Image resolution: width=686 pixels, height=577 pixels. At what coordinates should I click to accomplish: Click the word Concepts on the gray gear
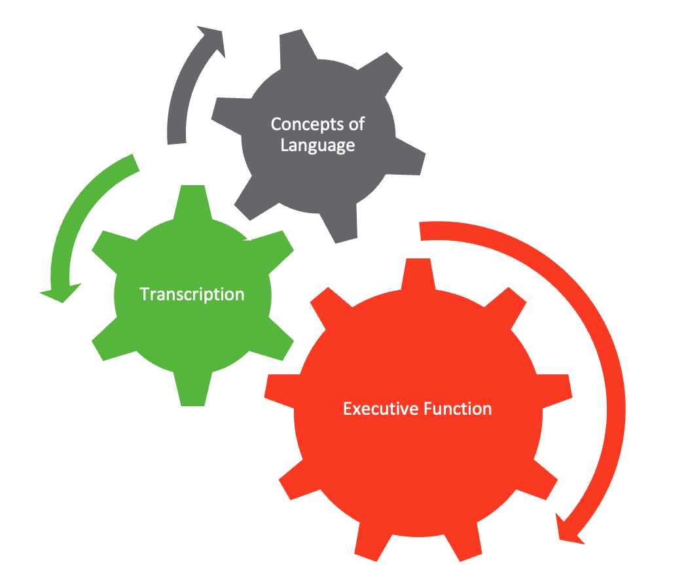[x=307, y=124]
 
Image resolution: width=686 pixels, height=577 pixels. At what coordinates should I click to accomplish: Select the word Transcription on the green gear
[x=192, y=294]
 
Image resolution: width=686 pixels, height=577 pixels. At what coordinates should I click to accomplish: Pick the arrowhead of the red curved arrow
[x=569, y=531]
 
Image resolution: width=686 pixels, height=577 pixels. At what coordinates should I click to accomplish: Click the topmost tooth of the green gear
[x=193, y=201]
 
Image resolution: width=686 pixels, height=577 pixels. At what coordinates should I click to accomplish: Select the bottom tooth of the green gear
[x=193, y=389]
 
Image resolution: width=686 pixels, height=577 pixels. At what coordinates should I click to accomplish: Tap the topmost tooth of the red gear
[x=418, y=273]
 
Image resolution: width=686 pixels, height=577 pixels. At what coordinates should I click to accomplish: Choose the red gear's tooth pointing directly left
[x=281, y=390]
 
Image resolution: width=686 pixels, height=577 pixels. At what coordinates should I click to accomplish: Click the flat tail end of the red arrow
[x=420, y=231]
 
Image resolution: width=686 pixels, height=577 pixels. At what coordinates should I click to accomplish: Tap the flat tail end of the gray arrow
[x=177, y=143]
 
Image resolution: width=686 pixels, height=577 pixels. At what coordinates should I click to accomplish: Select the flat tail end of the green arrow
[x=136, y=163]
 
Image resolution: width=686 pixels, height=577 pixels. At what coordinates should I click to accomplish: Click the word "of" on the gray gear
[x=357, y=124]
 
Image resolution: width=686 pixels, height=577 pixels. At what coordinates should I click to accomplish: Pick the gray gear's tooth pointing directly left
[x=228, y=115]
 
